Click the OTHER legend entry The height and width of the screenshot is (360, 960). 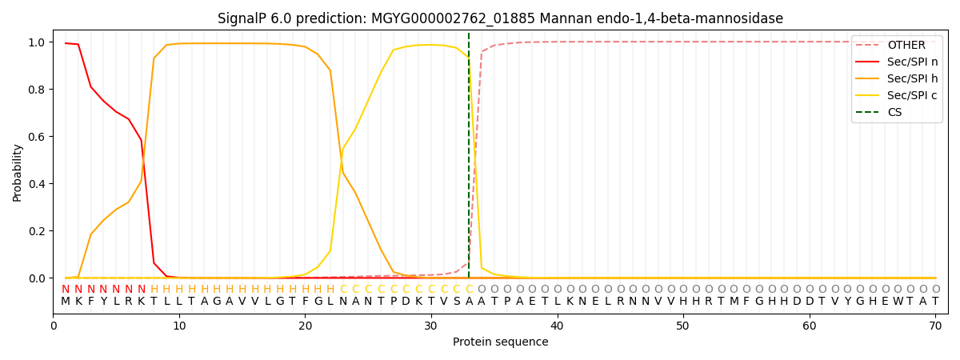point(906,46)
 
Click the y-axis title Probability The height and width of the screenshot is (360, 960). point(18,172)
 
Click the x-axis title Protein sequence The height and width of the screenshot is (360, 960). point(500,342)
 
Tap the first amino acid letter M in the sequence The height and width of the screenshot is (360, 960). point(66,302)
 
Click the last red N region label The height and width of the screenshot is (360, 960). point(142,290)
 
